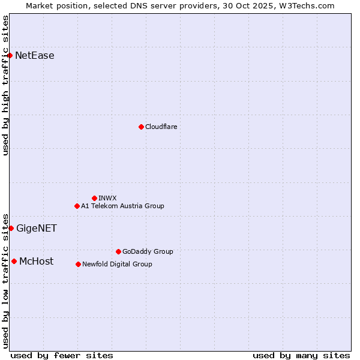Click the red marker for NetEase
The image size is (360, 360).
[10, 55]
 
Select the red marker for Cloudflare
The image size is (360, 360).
[141, 127]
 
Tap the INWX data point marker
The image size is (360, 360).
[94, 198]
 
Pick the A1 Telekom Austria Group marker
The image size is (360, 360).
[77, 206]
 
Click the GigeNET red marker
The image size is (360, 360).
[11, 228]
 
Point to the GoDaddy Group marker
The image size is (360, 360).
[118, 251]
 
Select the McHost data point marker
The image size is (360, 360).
[14, 261]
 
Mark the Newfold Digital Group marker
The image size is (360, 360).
[78, 264]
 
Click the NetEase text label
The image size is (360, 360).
[35, 56]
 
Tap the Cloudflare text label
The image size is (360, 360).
[161, 127]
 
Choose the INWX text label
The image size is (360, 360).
[108, 198]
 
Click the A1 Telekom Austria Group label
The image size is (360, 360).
[122, 206]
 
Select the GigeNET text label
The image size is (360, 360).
[37, 228]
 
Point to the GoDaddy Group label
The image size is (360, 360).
[148, 251]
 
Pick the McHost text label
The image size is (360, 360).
[36, 261]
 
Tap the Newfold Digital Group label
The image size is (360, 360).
[117, 264]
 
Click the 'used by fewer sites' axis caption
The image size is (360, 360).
[62, 355]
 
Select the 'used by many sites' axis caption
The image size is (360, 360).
[301, 355]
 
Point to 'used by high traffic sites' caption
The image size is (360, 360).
[5, 85]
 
